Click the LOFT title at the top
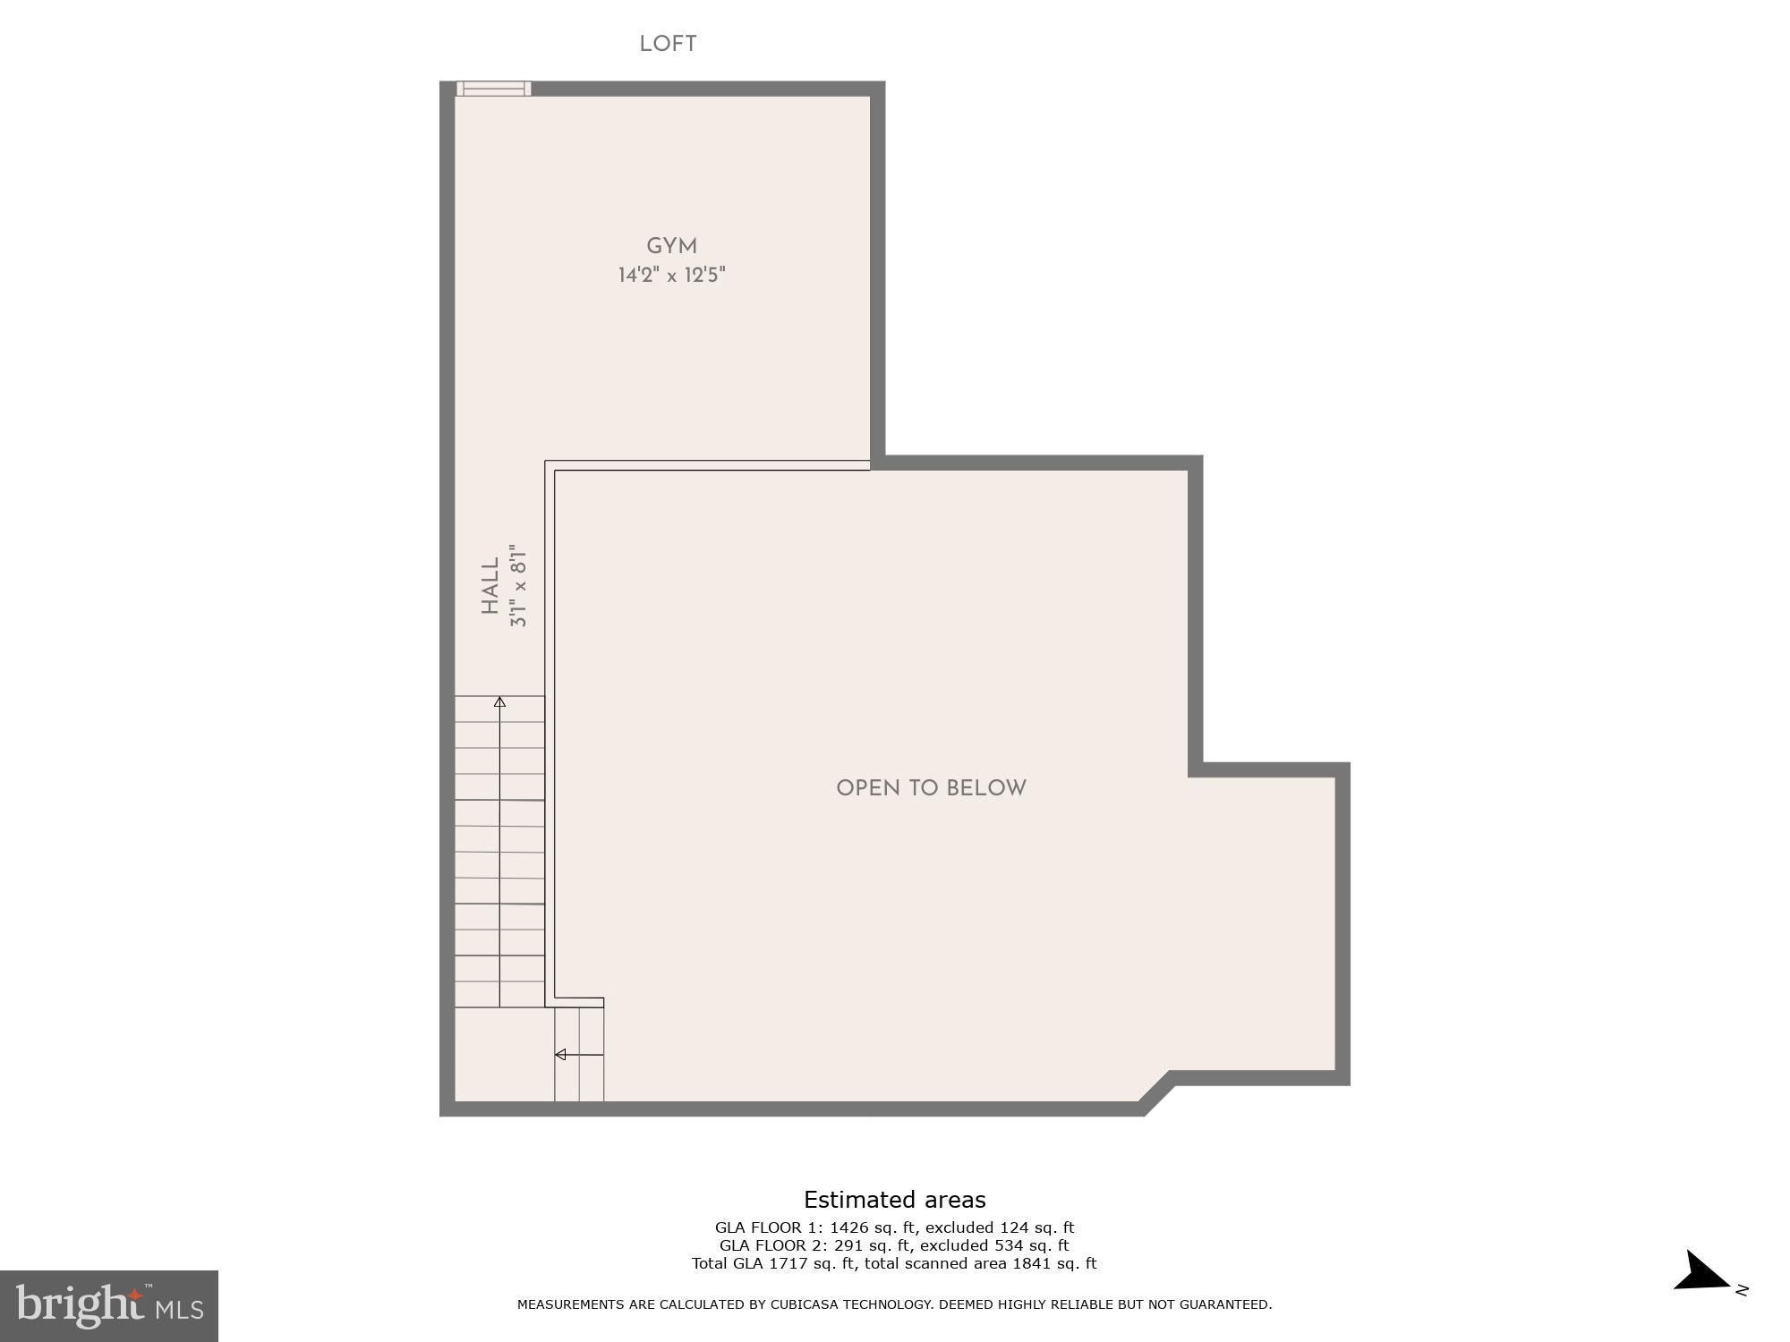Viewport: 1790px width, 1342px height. pos(668,44)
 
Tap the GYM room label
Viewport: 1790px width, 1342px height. pos(671,246)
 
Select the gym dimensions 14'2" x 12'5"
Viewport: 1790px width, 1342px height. pos(671,275)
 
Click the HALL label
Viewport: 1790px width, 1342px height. pos(490,586)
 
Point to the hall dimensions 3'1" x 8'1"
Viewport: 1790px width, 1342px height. pos(518,586)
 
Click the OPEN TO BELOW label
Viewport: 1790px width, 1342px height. pos(931,788)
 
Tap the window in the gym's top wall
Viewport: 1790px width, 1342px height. pos(493,89)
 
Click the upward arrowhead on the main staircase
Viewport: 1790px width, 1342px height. pos(499,702)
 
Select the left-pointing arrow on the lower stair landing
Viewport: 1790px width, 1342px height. pos(562,1055)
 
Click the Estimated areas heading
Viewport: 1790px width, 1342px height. pos(894,1200)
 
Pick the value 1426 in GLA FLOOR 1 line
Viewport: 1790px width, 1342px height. pos(850,1227)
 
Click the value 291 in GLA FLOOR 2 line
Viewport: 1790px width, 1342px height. pos(849,1245)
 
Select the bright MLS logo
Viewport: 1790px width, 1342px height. pos(108,1305)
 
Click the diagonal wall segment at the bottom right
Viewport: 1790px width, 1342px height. pos(1156,1093)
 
